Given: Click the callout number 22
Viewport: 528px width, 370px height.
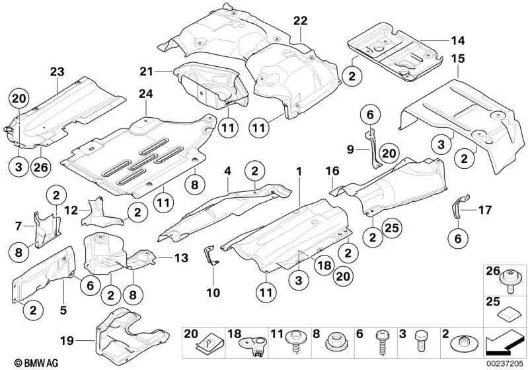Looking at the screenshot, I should (301, 21).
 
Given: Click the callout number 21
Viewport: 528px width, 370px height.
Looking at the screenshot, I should (146, 70).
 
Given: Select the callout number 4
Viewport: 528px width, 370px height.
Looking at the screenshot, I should (227, 170).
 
